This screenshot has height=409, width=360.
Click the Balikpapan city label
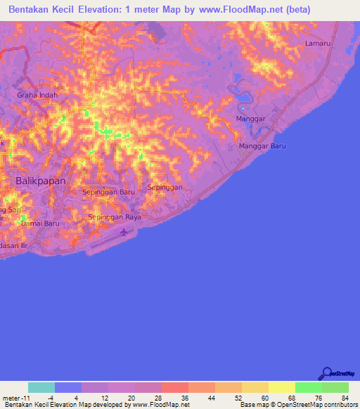[x=40, y=181]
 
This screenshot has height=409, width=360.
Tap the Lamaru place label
[x=317, y=44]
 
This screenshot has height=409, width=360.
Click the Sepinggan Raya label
[x=115, y=217]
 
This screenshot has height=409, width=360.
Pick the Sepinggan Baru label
[x=108, y=191]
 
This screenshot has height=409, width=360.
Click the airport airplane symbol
[x=125, y=231]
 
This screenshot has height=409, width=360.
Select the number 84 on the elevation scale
[x=344, y=398]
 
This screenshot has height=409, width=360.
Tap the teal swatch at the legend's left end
[x=41, y=387]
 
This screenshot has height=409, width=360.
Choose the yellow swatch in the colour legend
[x=281, y=387]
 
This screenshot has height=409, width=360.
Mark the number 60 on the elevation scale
[x=264, y=398]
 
